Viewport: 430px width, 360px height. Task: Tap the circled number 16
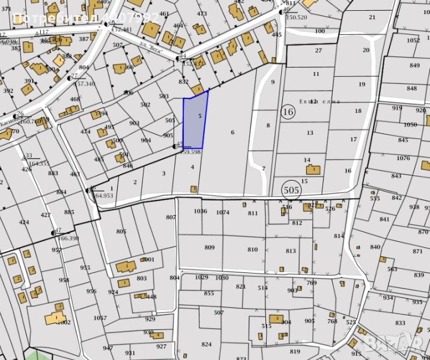(x=288, y=111)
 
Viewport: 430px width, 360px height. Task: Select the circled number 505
(x=290, y=190)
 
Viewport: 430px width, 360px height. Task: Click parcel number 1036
(x=201, y=211)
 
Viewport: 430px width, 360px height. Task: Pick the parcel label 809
(x=209, y=247)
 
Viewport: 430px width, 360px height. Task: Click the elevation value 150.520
(x=296, y=17)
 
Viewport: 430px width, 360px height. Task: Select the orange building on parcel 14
(x=313, y=170)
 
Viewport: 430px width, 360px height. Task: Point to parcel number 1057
(x=100, y=317)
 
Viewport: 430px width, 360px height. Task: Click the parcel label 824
(x=207, y=344)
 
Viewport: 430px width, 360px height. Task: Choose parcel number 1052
(x=413, y=40)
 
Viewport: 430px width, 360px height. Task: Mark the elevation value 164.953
(x=104, y=196)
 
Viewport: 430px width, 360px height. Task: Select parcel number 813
(x=291, y=251)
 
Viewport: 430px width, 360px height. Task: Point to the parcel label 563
(x=392, y=269)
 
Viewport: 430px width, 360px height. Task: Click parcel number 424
(x=23, y=222)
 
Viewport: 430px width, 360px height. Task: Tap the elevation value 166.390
(x=67, y=238)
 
